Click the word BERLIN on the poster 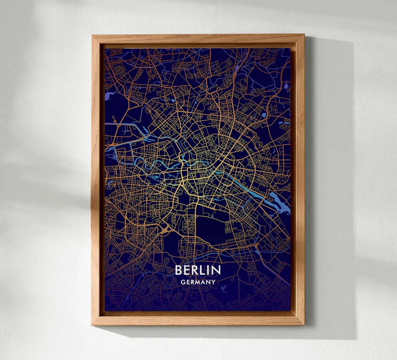pyautogui.click(x=198, y=270)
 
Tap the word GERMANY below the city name pyautogui.click(x=198, y=282)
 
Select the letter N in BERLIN pyautogui.click(x=216, y=270)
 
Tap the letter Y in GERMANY pyautogui.click(x=213, y=282)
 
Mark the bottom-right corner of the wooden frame pyautogui.click(x=304, y=325)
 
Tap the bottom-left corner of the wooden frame pyautogui.click(x=92, y=325)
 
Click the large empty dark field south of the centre pyautogui.click(x=211, y=224)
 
